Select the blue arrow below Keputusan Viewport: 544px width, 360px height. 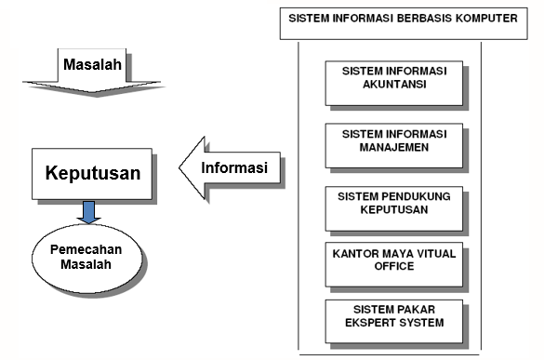tap(89, 212)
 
